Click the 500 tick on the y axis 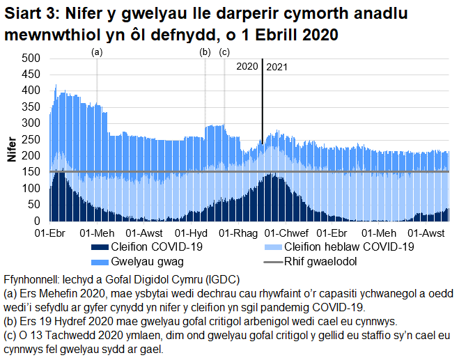(32, 58)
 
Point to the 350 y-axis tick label (32, 107)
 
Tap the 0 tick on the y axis (39, 221)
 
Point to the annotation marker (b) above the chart (205, 52)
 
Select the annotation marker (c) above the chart (224, 52)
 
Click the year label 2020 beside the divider (247, 67)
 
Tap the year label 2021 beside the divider (277, 67)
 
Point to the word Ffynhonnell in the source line (31, 280)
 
